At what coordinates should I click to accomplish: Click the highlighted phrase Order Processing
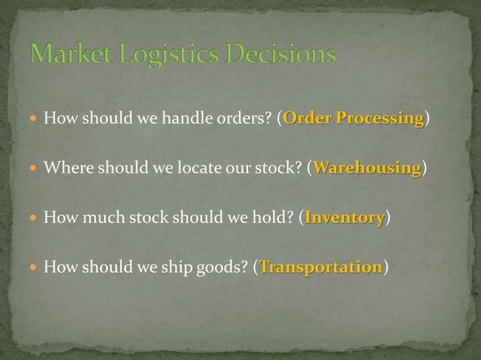[353, 118]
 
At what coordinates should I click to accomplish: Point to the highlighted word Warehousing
[367, 167]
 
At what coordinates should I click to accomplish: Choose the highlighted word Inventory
[345, 218]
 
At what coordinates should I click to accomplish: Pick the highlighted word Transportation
[321, 267]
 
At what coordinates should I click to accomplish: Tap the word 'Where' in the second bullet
[63, 167]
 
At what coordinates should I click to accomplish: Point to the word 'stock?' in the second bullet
[280, 167]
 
